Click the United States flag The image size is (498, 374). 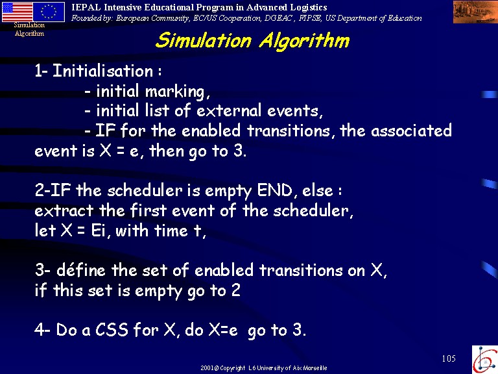(x=17, y=12)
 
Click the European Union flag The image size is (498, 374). (x=49, y=12)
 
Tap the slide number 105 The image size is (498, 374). (x=449, y=358)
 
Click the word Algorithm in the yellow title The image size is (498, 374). (x=305, y=42)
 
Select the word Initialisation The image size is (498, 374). (x=103, y=71)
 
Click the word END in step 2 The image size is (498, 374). (x=274, y=190)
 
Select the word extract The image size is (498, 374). (x=64, y=210)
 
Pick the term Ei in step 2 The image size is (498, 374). (x=99, y=231)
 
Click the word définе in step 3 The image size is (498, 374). (x=80, y=270)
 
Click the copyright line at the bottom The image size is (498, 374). (x=264, y=368)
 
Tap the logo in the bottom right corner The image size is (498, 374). (x=485, y=360)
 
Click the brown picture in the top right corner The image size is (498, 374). (x=475, y=12)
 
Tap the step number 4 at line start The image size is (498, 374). (x=40, y=330)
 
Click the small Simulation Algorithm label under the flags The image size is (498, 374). (x=29, y=29)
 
